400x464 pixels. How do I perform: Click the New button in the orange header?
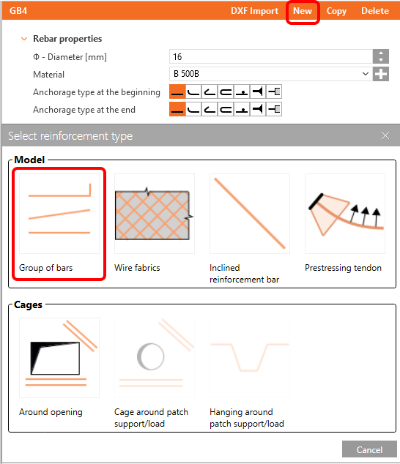pos(303,11)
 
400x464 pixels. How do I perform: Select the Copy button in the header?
pos(336,11)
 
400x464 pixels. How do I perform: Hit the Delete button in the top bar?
pos(375,11)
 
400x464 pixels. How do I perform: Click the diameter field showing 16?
pos(271,56)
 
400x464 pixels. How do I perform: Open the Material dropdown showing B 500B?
pos(271,74)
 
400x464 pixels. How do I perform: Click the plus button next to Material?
pos(381,74)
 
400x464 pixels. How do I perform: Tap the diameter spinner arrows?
pos(381,56)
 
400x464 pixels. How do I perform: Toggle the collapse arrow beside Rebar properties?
pos(24,39)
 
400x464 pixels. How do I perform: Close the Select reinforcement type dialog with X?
pos(385,135)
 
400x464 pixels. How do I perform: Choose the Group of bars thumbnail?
pos(59,214)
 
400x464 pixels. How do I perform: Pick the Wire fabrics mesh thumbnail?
pos(155,214)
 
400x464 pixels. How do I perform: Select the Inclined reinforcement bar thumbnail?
pos(250,214)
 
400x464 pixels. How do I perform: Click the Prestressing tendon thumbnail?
pos(345,214)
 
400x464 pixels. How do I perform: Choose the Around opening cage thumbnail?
pos(59,358)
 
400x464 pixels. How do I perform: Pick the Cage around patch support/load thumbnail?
pos(155,358)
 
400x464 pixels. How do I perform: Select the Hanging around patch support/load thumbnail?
pos(250,358)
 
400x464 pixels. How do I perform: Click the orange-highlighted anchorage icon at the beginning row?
pos(177,91)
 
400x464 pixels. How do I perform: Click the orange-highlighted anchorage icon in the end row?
pos(177,109)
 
